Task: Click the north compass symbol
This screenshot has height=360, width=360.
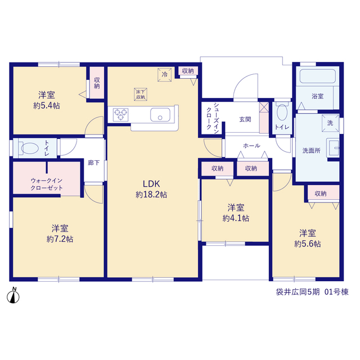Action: point(13,296)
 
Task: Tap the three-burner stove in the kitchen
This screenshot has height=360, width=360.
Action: point(120,115)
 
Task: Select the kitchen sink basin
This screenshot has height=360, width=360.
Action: point(160,115)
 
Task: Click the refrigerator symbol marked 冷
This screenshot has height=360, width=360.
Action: point(165,74)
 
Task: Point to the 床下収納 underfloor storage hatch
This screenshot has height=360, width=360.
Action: point(141,94)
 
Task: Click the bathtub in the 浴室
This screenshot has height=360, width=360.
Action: point(318,76)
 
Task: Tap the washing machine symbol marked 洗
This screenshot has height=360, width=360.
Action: point(330,123)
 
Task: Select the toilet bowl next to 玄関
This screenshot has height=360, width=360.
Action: point(282,112)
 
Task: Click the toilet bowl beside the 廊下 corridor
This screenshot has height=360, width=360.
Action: point(30,148)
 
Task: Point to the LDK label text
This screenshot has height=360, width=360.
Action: point(151,184)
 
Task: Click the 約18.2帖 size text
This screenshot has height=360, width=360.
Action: point(151,195)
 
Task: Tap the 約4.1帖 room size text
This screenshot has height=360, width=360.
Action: point(236,218)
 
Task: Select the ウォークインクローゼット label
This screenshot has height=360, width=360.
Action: point(47,184)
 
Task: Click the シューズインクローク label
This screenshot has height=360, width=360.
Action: point(213,118)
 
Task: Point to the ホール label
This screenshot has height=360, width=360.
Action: point(251,146)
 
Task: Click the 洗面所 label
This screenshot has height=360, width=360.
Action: point(311,151)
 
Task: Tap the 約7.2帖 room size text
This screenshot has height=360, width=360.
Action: point(60,239)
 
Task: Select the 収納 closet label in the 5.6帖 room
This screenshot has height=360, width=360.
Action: point(321,193)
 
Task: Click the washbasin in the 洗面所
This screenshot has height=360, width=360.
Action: point(332,148)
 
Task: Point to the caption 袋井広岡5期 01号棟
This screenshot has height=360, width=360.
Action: point(312,292)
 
